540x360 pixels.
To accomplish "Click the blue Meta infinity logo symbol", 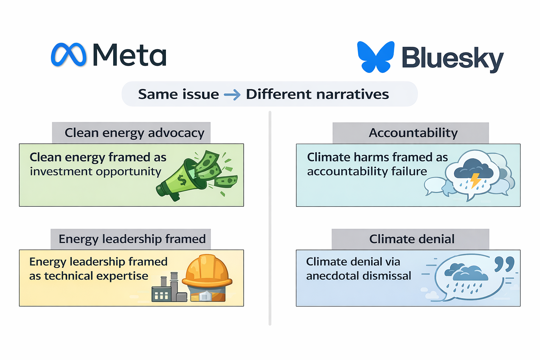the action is [69, 54].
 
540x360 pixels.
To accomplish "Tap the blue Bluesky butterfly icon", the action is [375, 57].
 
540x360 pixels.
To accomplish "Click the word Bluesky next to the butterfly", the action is [453, 59].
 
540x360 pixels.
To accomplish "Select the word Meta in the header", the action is [130, 54].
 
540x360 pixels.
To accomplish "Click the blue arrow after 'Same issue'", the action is [232, 95].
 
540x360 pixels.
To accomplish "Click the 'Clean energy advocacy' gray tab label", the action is [131, 133].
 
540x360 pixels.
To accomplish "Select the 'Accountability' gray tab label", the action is [411, 133].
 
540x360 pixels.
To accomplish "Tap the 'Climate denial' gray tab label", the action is [411, 239].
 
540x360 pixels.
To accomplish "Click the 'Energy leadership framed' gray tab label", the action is [131, 239].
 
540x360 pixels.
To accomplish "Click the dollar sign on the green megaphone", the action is [182, 180].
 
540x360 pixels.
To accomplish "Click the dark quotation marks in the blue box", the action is [504, 264].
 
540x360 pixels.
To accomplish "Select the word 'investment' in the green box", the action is [61, 172].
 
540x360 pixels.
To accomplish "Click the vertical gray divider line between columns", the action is [270, 218].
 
